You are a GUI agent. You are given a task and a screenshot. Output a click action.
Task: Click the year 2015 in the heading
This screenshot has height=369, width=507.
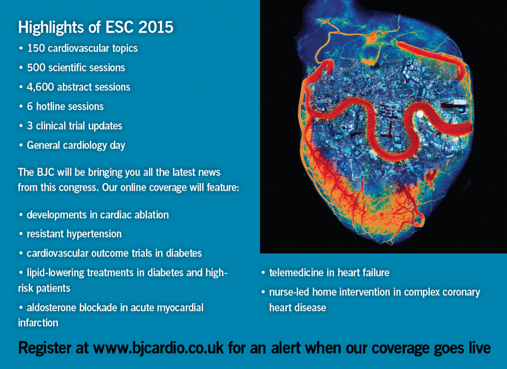[156, 27]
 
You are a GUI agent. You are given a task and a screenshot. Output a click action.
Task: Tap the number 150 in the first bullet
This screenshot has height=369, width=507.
[36, 48]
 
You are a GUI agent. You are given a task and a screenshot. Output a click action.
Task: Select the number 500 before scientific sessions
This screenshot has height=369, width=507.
[36, 68]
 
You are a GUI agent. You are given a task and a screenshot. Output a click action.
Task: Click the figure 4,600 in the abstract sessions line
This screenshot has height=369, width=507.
[40, 87]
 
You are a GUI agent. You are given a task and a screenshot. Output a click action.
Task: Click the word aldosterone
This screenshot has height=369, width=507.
[51, 308]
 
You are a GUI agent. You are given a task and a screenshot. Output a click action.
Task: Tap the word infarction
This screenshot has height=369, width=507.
[38, 323]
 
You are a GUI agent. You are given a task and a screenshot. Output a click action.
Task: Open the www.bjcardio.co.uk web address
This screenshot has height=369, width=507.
[158, 348]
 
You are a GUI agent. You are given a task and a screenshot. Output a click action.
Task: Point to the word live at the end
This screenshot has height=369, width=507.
[480, 348]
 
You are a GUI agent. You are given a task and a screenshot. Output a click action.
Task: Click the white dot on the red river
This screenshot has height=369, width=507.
[420, 114]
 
